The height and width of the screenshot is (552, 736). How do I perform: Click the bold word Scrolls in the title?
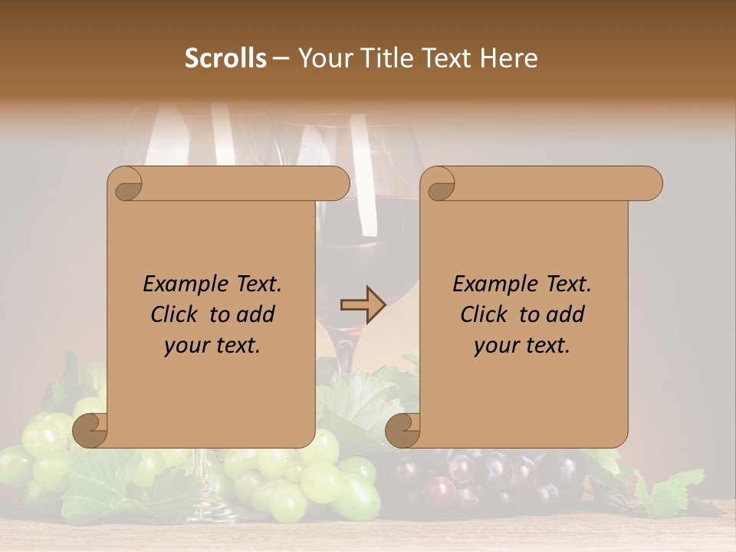(225, 58)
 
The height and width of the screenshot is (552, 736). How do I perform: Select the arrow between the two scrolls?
(363, 305)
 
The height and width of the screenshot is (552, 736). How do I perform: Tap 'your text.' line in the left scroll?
(212, 345)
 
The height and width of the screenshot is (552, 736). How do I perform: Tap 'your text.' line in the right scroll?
(522, 345)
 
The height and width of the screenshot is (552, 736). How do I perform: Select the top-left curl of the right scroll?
(439, 185)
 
